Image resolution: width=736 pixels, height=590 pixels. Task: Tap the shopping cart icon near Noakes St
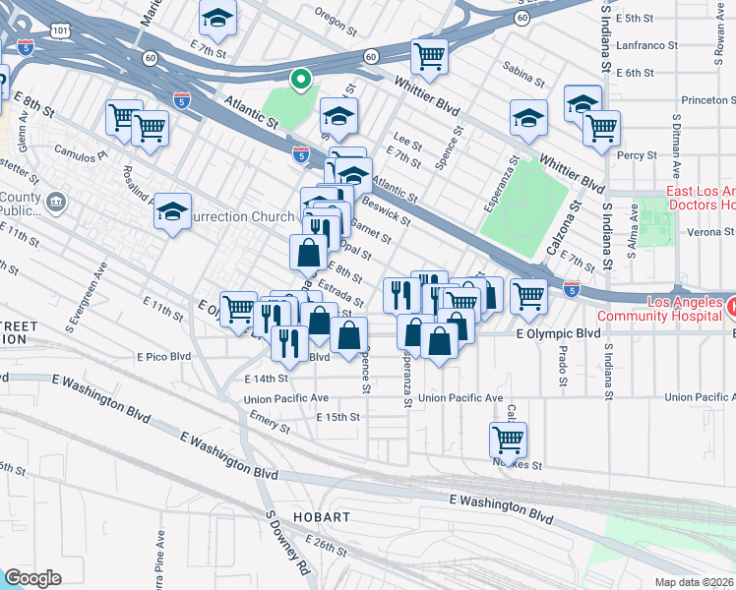point(508,439)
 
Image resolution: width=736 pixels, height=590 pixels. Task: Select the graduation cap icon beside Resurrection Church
point(173,211)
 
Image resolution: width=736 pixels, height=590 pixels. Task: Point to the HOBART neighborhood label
point(321,517)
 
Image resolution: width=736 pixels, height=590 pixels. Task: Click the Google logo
point(33,578)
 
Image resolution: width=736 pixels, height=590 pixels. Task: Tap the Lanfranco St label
point(645,45)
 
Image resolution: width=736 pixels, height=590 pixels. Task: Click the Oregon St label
point(335,14)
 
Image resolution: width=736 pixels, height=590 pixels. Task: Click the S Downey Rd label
point(287,542)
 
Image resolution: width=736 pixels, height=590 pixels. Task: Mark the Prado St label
point(562,368)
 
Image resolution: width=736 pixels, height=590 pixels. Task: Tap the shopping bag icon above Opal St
point(309,252)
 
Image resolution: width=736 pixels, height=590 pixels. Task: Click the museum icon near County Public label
point(56,204)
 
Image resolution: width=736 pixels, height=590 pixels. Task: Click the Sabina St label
point(523,78)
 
